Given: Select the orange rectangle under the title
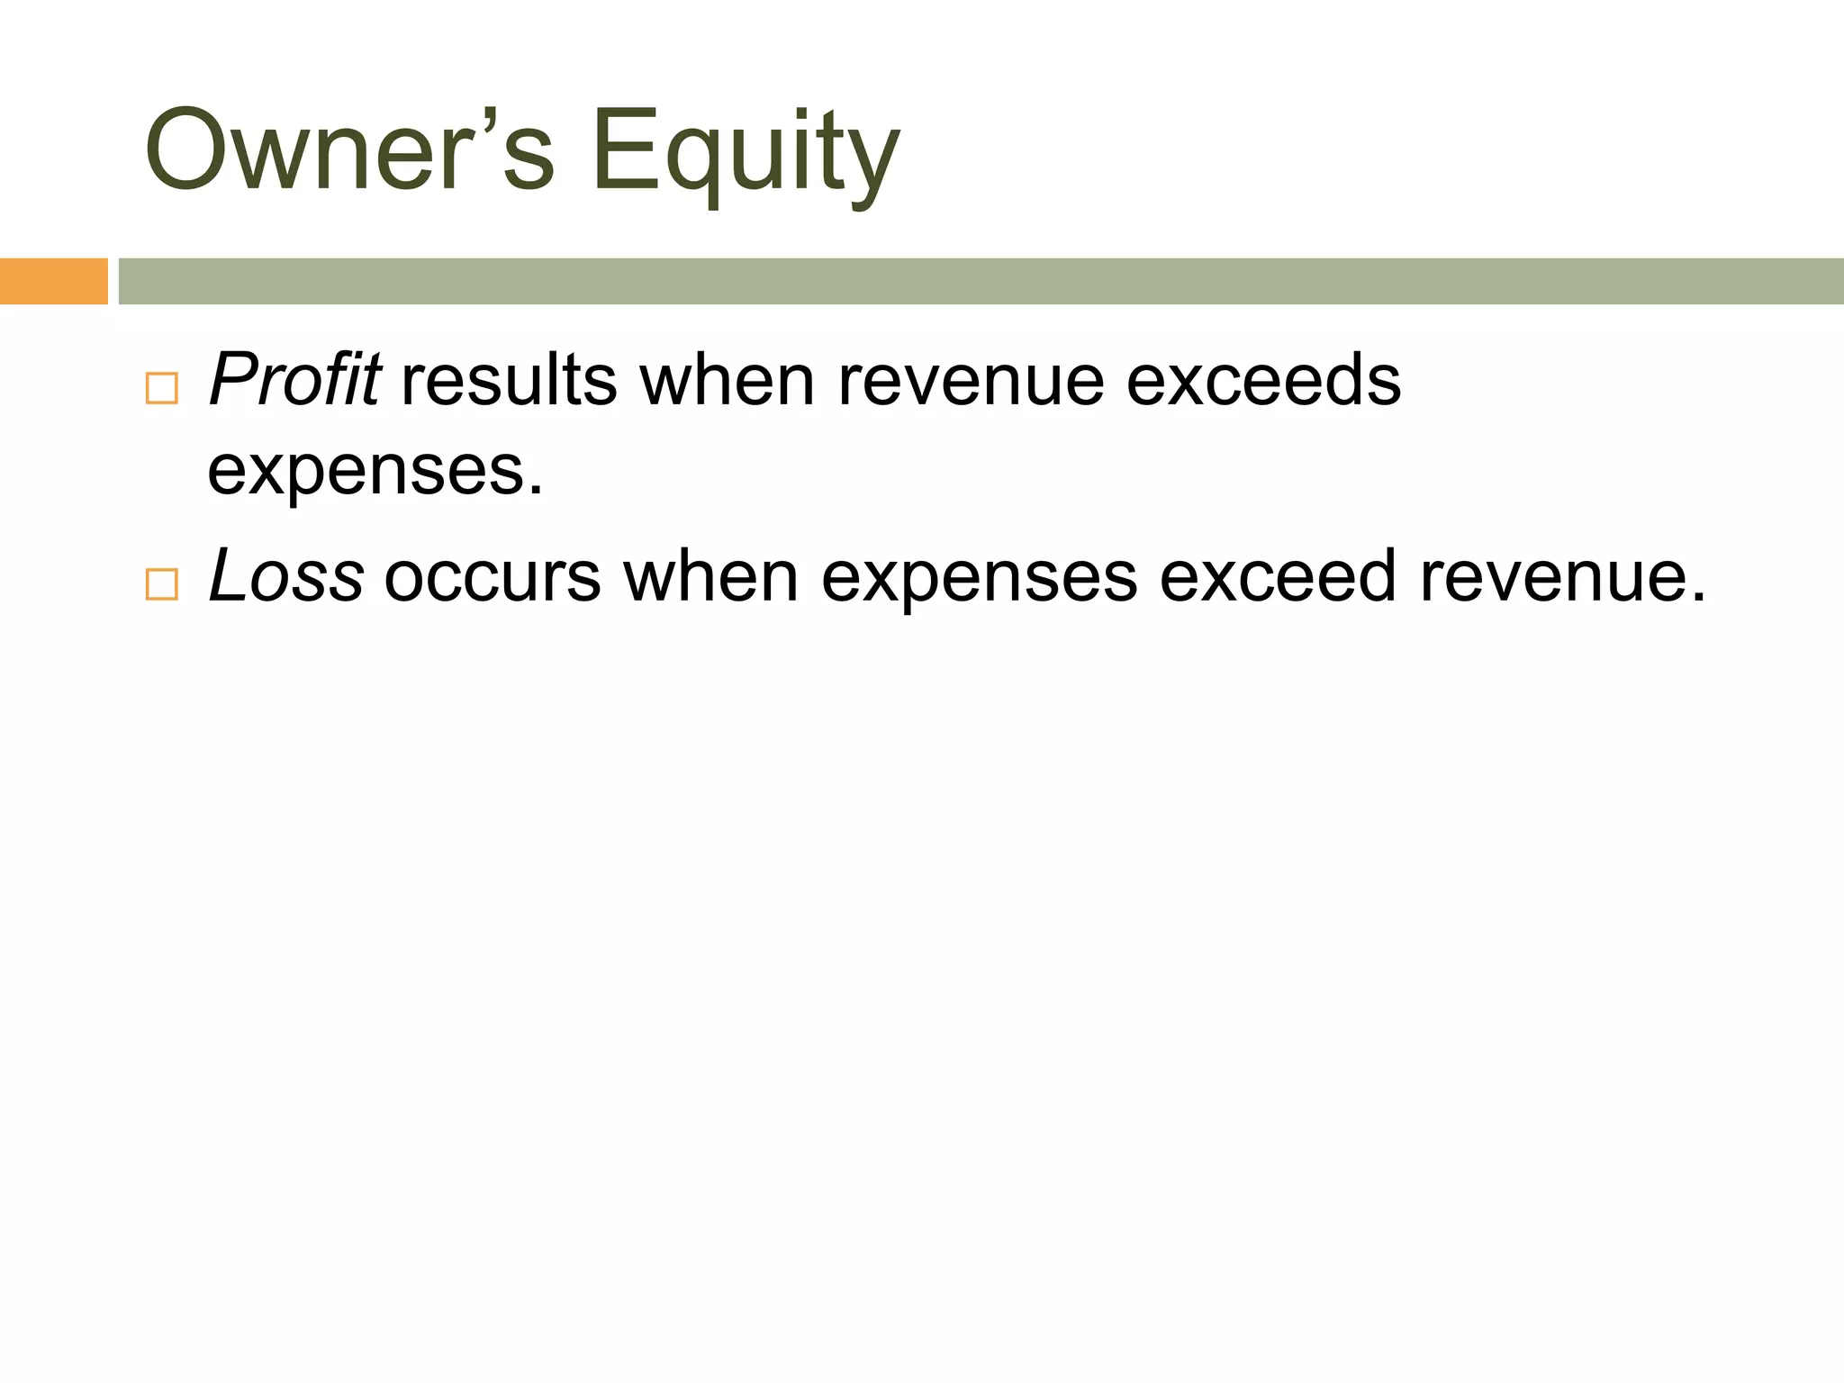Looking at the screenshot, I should [x=53, y=281].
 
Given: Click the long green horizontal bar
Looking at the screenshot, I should [x=981, y=281].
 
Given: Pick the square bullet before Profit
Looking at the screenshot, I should [x=162, y=388].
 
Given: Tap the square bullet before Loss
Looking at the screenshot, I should [x=162, y=584].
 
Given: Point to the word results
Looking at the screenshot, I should [x=510, y=380].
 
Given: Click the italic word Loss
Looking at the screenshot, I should [x=286, y=577].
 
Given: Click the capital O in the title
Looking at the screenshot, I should [x=187, y=149].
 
